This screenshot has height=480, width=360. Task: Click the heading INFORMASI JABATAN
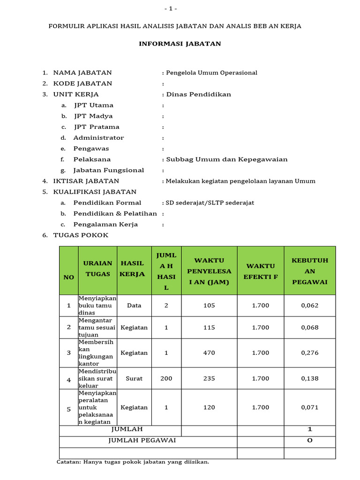180,44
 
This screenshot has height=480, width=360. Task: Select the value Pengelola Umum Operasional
210,73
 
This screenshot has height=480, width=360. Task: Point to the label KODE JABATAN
82,83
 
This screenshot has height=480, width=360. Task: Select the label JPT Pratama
97,127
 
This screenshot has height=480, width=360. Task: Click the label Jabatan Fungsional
108,170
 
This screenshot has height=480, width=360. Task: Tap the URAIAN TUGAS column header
97,269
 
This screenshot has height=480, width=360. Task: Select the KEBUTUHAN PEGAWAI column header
310,271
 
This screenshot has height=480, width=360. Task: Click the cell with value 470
209,353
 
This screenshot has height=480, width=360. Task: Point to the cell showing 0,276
310,353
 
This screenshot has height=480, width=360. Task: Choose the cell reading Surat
134,378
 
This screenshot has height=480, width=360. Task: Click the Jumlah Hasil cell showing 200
166,378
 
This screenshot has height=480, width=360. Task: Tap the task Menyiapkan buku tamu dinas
97,305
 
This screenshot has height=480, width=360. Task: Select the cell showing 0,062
310,305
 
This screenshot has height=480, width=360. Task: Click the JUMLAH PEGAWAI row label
142,441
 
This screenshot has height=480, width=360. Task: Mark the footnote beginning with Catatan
133,462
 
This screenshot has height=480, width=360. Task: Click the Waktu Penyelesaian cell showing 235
209,378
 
